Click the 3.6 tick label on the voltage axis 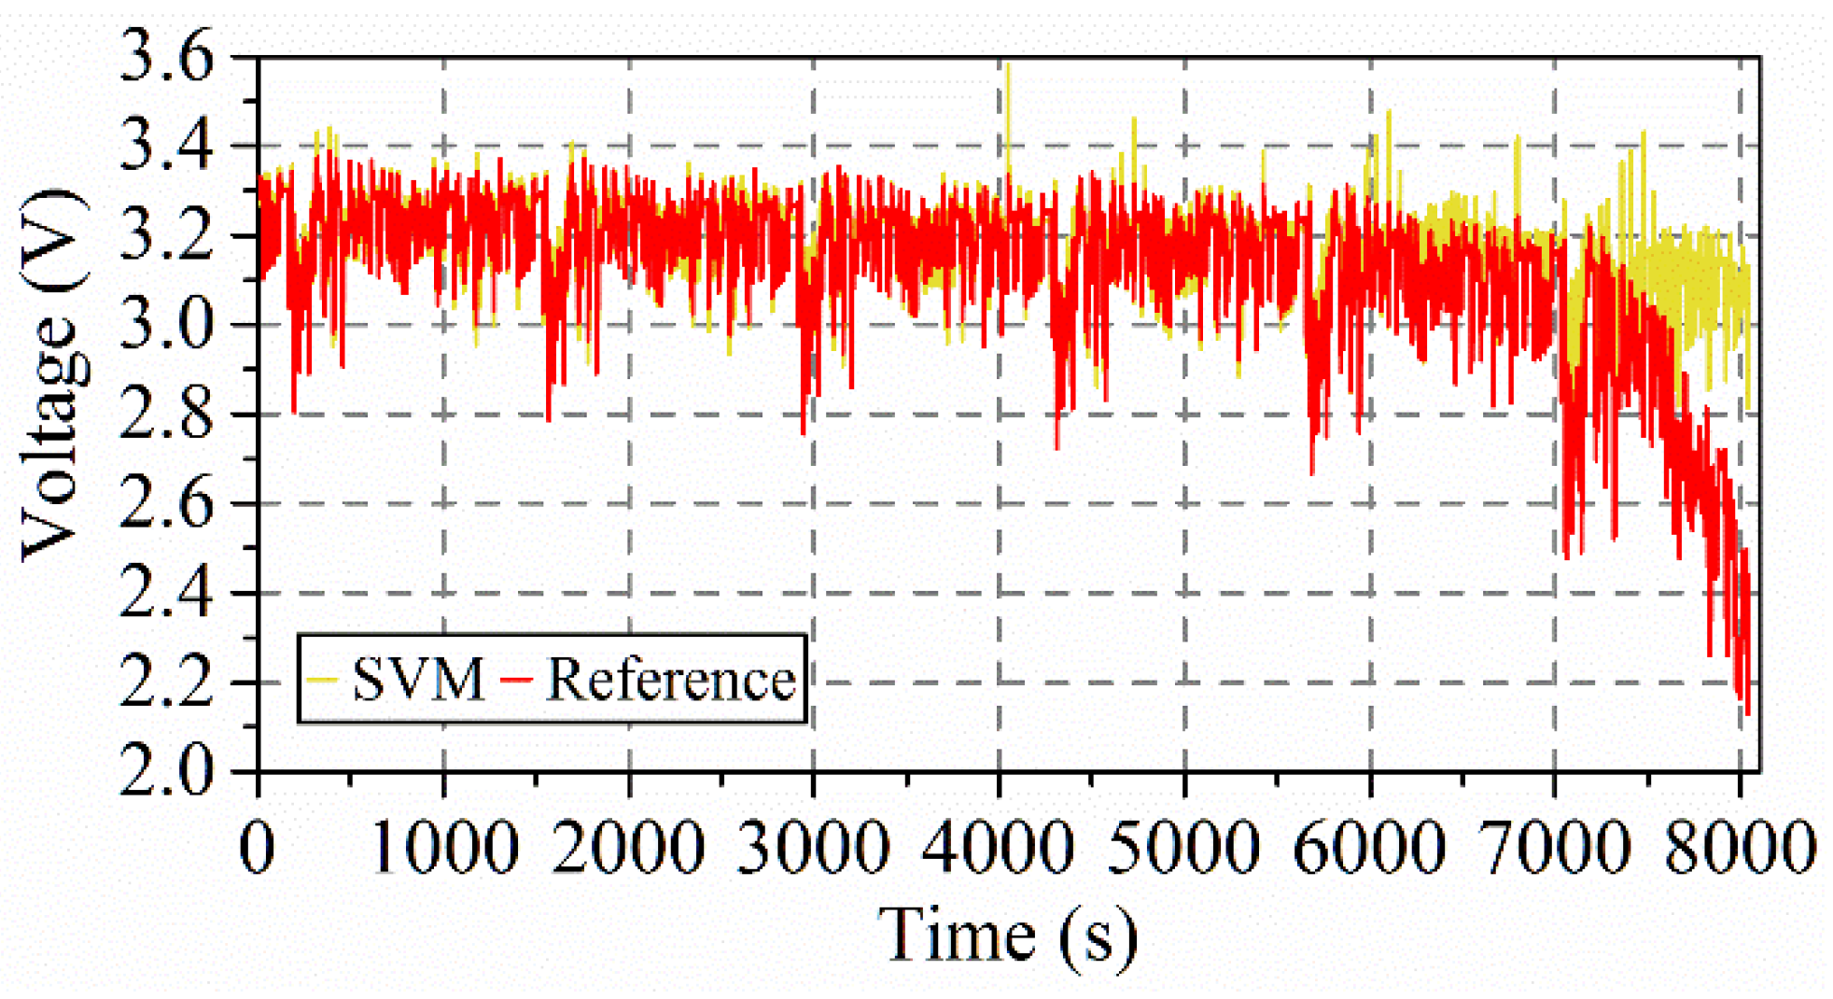pyautogui.click(x=166, y=58)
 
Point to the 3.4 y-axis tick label pyautogui.click(x=166, y=147)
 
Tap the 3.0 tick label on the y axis pyautogui.click(x=166, y=326)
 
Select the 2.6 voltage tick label pyautogui.click(x=166, y=504)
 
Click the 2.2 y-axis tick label pyautogui.click(x=166, y=683)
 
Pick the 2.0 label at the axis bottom pyautogui.click(x=166, y=771)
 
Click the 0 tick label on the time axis pyautogui.click(x=258, y=848)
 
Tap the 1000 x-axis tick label pyautogui.click(x=444, y=848)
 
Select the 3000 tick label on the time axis pyautogui.click(x=814, y=848)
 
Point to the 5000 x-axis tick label pyautogui.click(x=1183, y=848)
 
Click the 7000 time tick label pyautogui.click(x=1555, y=848)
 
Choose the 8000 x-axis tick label pyautogui.click(x=1740, y=848)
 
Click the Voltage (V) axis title pyautogui.click(x=54, y=373)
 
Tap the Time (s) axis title pyautogui.click(x=1008, y=936)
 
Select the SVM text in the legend pyautogui.click(x=418, y=680)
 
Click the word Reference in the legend pyautogui.click(x=670, y=680)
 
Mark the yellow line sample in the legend pyautogui.click(x=321, y=680)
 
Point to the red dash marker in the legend pyautogui.click(x=516, y=680)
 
